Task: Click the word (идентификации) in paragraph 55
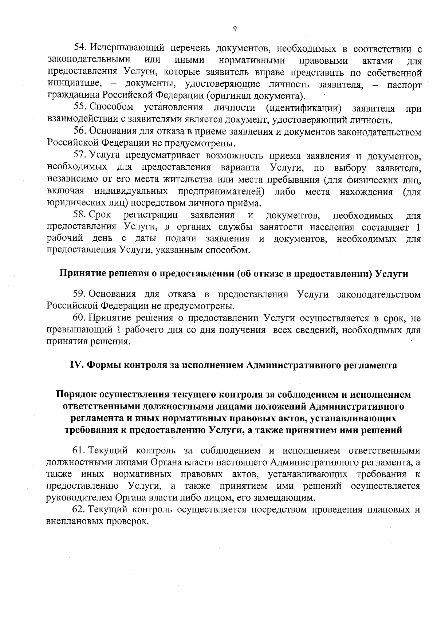pyautogui.click(x=304, y=108)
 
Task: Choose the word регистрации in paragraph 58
pyautogui.click(x=151, y=215)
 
